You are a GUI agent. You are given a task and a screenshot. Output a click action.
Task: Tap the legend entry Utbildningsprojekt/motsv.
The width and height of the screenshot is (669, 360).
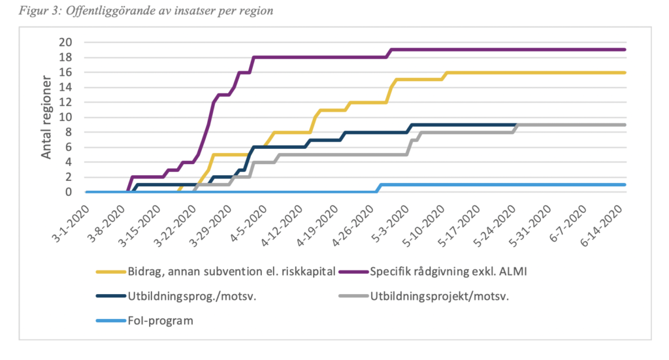pos(439,295)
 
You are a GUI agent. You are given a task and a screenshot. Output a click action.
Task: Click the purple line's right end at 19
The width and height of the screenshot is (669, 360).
pos(625,50)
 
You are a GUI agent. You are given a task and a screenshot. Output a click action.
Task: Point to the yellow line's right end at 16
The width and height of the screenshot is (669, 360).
pos(625,73)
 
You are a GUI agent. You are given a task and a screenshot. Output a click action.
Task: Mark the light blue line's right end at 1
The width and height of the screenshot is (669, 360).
pos(625,185)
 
